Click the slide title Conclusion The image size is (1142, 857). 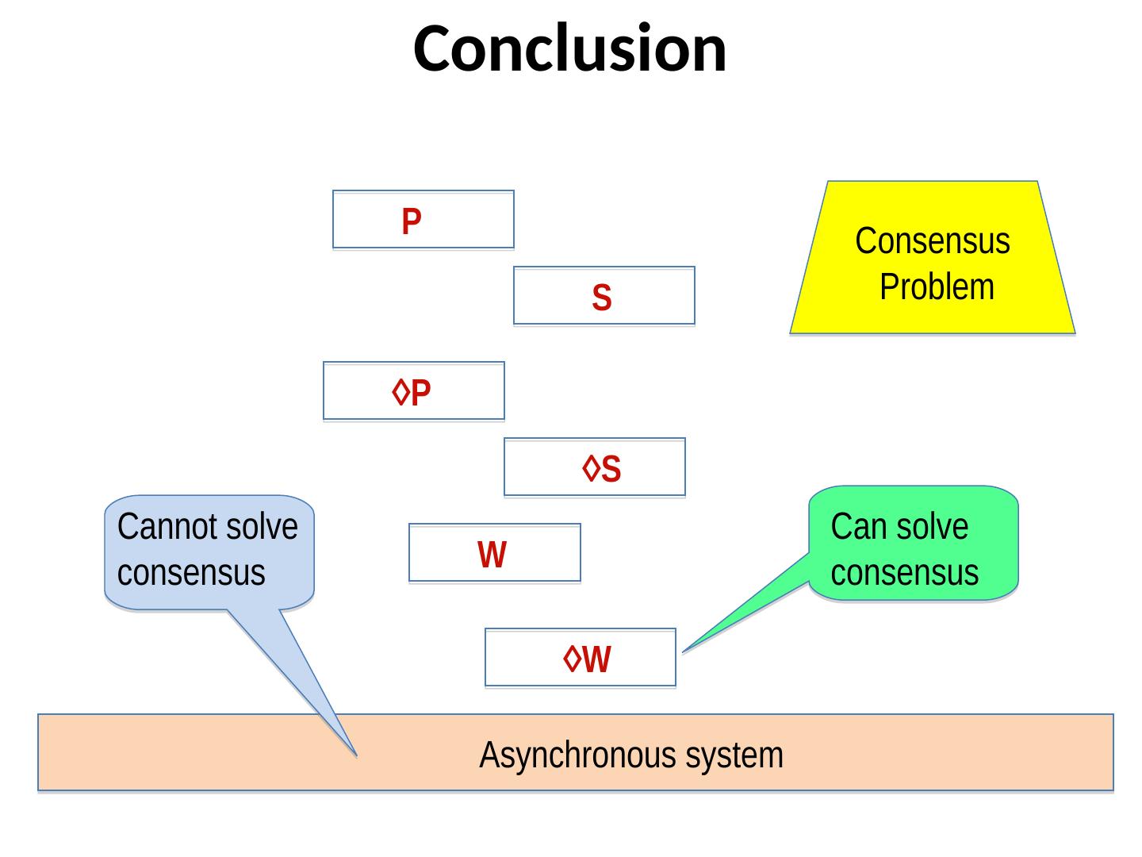click(x=569, y=48)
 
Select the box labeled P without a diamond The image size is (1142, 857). click(x=423, y=219)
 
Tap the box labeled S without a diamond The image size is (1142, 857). click(x=604, y=295)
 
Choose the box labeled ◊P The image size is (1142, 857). click(x=414, y=390)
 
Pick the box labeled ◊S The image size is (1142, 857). click(x=595, y=467)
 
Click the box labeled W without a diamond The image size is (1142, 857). click(x=495, y=552)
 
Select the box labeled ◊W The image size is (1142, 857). click(x=580, y=657)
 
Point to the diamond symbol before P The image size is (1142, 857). click(x=400, y=392)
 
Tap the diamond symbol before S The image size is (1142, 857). click(x=591, y=468)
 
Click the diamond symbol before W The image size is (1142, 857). click(x=573, y=659)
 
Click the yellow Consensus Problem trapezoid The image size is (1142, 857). click(x=933, y=257)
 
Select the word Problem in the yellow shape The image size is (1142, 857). click(x=937, y=286)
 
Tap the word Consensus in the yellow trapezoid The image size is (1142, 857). click(x=933, y=241)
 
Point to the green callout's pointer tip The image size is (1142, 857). click(x=683, y=652)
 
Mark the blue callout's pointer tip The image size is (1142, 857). click(x=356, y=755)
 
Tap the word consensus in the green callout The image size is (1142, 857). click(x=904, y=573)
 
